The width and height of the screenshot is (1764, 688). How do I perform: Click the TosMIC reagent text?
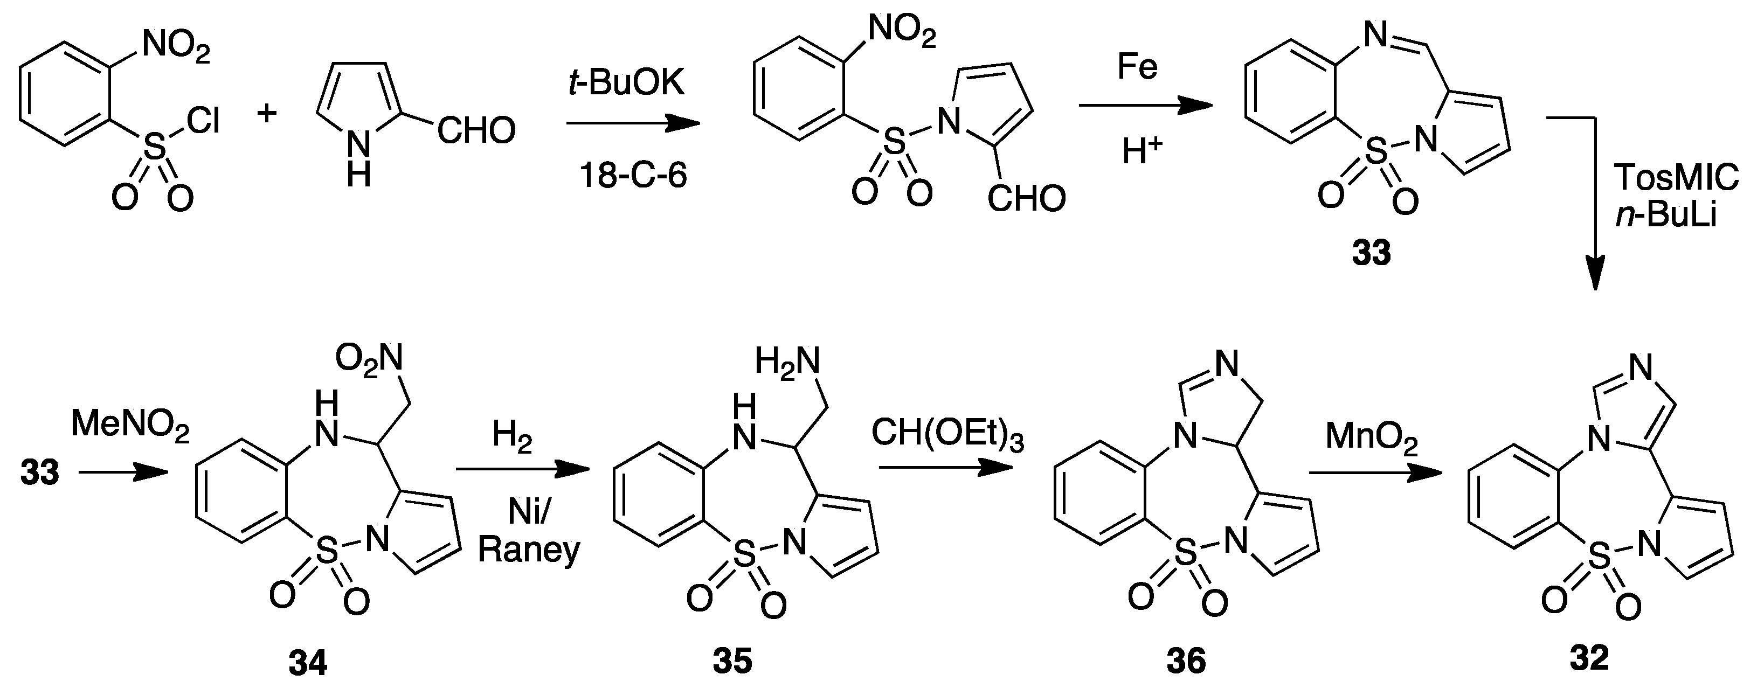pyautogui.click(x=1676, y=179)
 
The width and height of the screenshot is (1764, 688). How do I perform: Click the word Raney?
pyautogui.click(x=529, y=550)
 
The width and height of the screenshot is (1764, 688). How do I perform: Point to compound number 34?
pyautogui.click(x=308, y=663)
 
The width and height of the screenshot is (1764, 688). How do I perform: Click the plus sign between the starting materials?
pyautogui.click(x=266, y=112)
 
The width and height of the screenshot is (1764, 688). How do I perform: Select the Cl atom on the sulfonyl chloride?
pyautogui.click(x=203, y=121)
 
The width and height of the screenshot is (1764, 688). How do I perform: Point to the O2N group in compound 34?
pyautogui.click(x=369, y=357)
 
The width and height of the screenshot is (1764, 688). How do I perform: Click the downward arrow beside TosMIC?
pyautogui.click(x=1595, y=205)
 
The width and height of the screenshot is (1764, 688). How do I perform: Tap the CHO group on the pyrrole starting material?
pyautogui.click(x=476, y=131)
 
